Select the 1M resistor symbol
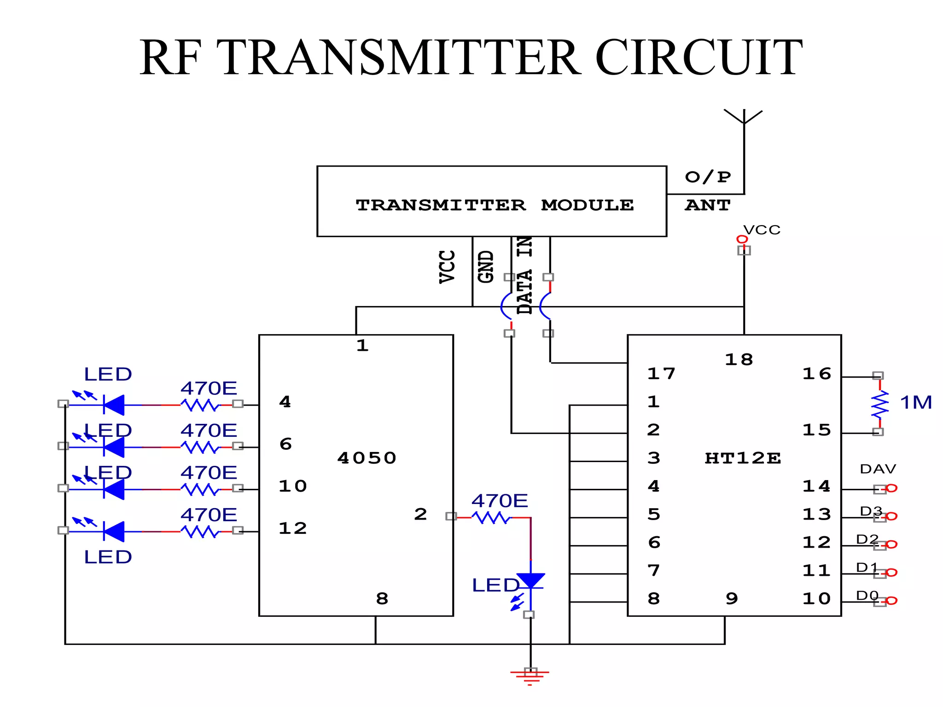tap(879, 404)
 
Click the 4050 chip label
tap(367, 458)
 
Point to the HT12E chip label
tap(743, 458)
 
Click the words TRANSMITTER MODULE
tap(495, 205)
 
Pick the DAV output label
tap(878, 469)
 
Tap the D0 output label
tap(867, 596)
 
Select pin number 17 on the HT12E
tap(661, 373)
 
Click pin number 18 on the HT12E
tap(739, 359)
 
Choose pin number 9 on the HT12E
tap(732, 598)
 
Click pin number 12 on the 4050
tap(292, 528)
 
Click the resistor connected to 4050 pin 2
tap(491, 518)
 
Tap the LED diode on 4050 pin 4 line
tap(114, 405)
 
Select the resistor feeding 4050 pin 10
tap(200, 489)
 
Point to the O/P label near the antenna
tap(708, 177)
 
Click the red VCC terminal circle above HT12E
tap(742, 239)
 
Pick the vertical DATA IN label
tap(524, 275)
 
